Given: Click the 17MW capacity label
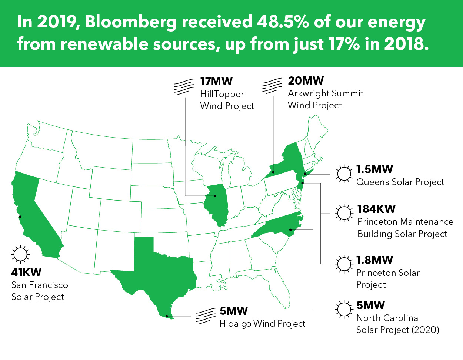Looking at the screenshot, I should tap(216, 81).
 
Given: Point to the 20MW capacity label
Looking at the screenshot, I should tap(306, 80).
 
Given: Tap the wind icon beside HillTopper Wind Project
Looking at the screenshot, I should tap(184, 87).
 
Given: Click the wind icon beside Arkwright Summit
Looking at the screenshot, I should tap(272, 86).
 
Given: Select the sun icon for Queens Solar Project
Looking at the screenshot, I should tap(344, 174).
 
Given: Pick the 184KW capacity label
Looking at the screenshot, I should tap(376, 209).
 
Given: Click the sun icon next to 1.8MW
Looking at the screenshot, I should tap(344, 264).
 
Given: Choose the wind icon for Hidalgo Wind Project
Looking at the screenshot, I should tap(206, 316).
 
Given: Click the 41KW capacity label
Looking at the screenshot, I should tap(26, 272).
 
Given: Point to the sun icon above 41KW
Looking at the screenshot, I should tap(20, 254).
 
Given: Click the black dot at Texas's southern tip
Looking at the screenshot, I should tap(167, 316).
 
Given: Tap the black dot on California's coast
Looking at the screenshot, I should tap(20, 217).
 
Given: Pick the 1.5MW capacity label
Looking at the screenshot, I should tap(374, 169).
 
